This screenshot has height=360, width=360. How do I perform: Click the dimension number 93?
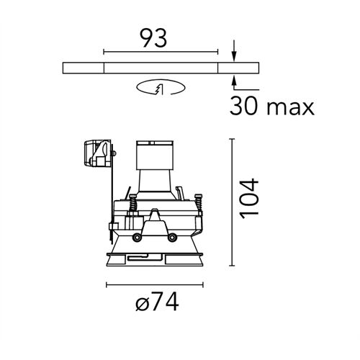tap(161, 37)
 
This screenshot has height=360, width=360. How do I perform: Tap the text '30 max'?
tap(272, 107)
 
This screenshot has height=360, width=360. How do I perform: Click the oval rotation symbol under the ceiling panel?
tap(161, 89)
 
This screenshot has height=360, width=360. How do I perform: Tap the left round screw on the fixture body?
tap(136, 238)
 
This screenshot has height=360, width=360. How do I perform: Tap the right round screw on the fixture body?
tap(172, 238)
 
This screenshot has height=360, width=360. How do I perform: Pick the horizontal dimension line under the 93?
tap(161, 51)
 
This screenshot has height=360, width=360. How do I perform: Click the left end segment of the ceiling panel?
tap(84, 68)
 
